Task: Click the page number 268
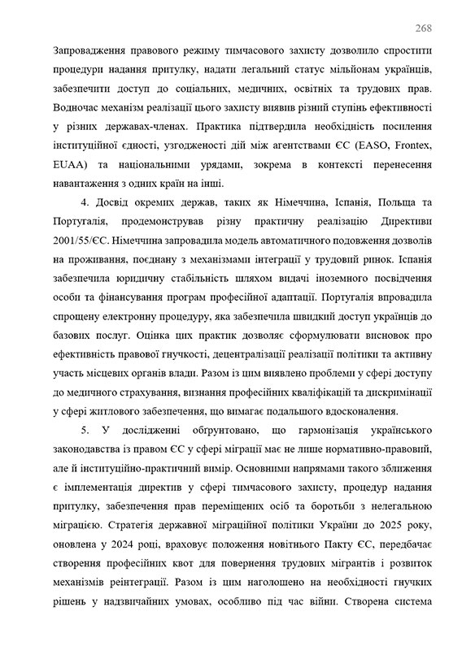423,28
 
